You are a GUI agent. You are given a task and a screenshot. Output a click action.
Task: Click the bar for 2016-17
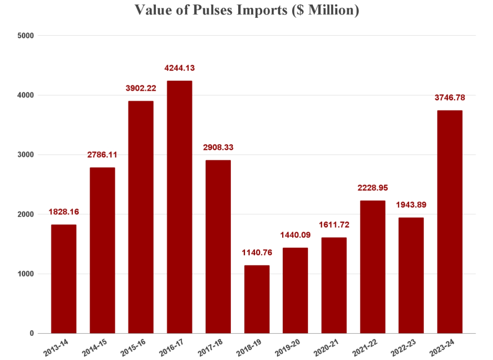(179, 207)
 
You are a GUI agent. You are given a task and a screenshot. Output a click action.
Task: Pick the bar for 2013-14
(63, 279)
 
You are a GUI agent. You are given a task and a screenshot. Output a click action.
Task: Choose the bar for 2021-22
(372, 267)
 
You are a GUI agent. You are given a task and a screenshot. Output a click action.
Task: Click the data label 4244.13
(179, 68)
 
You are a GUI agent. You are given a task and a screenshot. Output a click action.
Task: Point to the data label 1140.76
(256, 253)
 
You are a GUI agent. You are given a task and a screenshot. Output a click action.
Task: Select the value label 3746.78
(449, 97)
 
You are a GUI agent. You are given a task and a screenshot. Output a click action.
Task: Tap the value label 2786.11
(102, 155)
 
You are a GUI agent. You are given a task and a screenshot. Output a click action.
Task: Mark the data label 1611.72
(334, 225)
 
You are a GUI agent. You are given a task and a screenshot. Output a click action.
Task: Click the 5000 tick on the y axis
(25, 36)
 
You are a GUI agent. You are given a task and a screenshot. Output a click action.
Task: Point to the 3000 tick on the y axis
(25, 155)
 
